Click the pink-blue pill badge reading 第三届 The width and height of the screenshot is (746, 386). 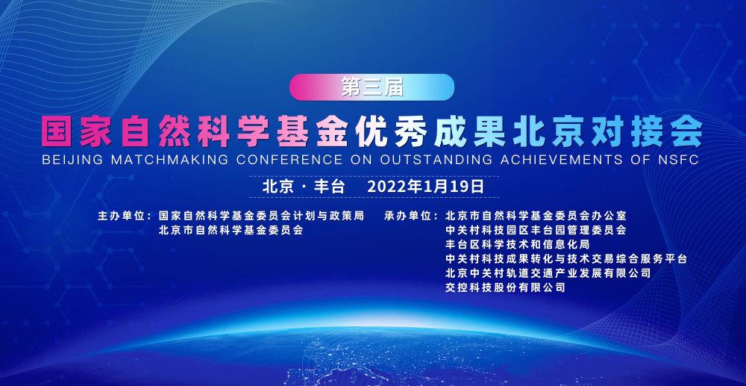pos(372,87)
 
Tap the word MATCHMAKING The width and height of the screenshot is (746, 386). pos(169,160)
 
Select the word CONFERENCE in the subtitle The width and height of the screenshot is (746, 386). pos(289,160)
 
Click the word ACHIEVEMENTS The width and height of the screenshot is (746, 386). pos(561,160)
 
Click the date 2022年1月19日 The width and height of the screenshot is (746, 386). pos(426,186)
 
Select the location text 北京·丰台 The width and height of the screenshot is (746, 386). pos(303,186)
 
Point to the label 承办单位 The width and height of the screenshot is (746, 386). pos(408,216)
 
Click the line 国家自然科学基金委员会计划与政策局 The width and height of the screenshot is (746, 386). pos(262,216)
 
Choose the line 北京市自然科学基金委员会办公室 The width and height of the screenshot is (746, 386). pos(536,216)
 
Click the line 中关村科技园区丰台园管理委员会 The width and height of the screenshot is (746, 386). pos(536,231)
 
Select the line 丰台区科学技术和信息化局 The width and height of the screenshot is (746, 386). pos(518,245)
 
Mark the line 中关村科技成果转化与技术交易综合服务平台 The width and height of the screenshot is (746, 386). pos(567,259)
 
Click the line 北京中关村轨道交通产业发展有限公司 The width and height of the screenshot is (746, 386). pos(548,274)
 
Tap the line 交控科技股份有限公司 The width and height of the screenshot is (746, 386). pos(505,288)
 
